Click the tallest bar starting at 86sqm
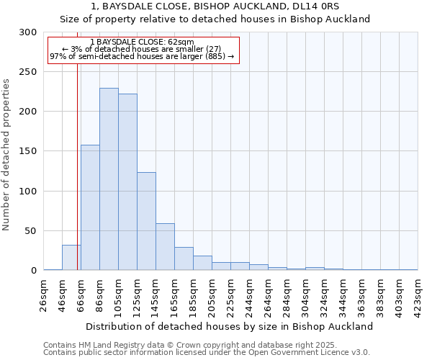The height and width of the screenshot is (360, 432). point(109,179)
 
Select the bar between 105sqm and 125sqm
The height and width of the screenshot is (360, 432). point(127,182)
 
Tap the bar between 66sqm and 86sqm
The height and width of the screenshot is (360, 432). point(90,207)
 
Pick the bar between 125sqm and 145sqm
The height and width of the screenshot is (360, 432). point(146,221)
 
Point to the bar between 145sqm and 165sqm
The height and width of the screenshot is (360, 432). point(165,247)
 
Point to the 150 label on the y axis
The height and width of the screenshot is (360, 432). point(28,152)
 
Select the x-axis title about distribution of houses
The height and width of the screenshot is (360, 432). point(229,326)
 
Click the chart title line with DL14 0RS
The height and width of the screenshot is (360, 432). point(225,6)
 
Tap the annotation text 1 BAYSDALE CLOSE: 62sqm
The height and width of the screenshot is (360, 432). point(142,42)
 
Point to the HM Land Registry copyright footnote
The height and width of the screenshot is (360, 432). point(186,345)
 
